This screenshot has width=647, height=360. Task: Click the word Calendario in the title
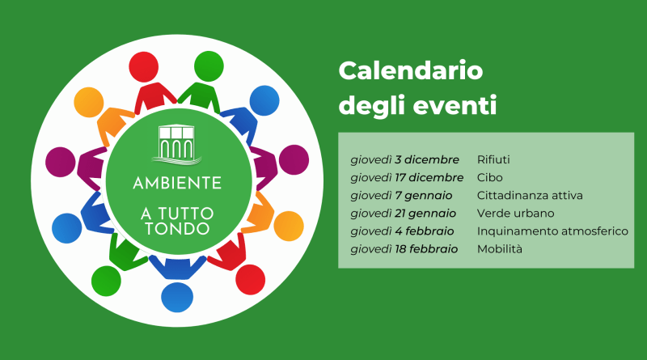pyautogui.click(x=411, y=70)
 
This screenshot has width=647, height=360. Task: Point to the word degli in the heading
pyautogui.click(x=372, y=106)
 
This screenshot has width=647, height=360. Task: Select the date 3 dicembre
pyautogui.click(x=427, y=159)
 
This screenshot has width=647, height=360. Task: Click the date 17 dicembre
pyautogui.click(x=429, y=177)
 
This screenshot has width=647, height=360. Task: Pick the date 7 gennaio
pyautogui.click(x=424, y=196)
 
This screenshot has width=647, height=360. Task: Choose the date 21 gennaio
pyautogui.click(x=425, y=214)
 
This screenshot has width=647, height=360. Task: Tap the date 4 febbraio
pyautogui.click(x=425, y=231)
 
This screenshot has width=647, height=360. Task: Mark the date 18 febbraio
pyautogui.click(x=426, y=249)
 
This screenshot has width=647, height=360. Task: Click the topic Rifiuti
pyautogui.click(x=493, y=159)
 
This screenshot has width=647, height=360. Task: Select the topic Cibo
pyautogui.click(x=490, y=177)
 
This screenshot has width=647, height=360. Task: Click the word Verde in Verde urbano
pyautogui.click(x=493, y=214)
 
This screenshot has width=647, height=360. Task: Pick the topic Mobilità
pyautogui.click(x=500, y=249)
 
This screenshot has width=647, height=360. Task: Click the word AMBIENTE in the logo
pyautogui.click(x=177, y=183)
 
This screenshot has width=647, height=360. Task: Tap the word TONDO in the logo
pyautogui.click(x=177, y=229)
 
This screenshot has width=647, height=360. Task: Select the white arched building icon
pyautogui.click(x=177, y=144)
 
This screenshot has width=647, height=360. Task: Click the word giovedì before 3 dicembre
pyautogui.click(x=371, y=160)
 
